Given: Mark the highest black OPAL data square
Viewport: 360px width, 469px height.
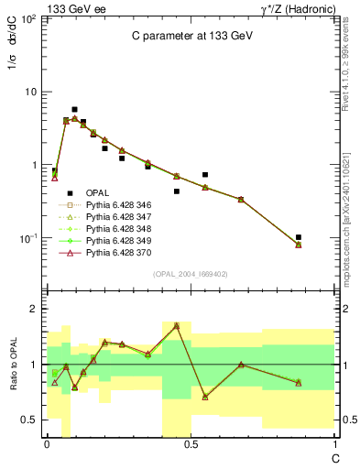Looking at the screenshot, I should point(75,109).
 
